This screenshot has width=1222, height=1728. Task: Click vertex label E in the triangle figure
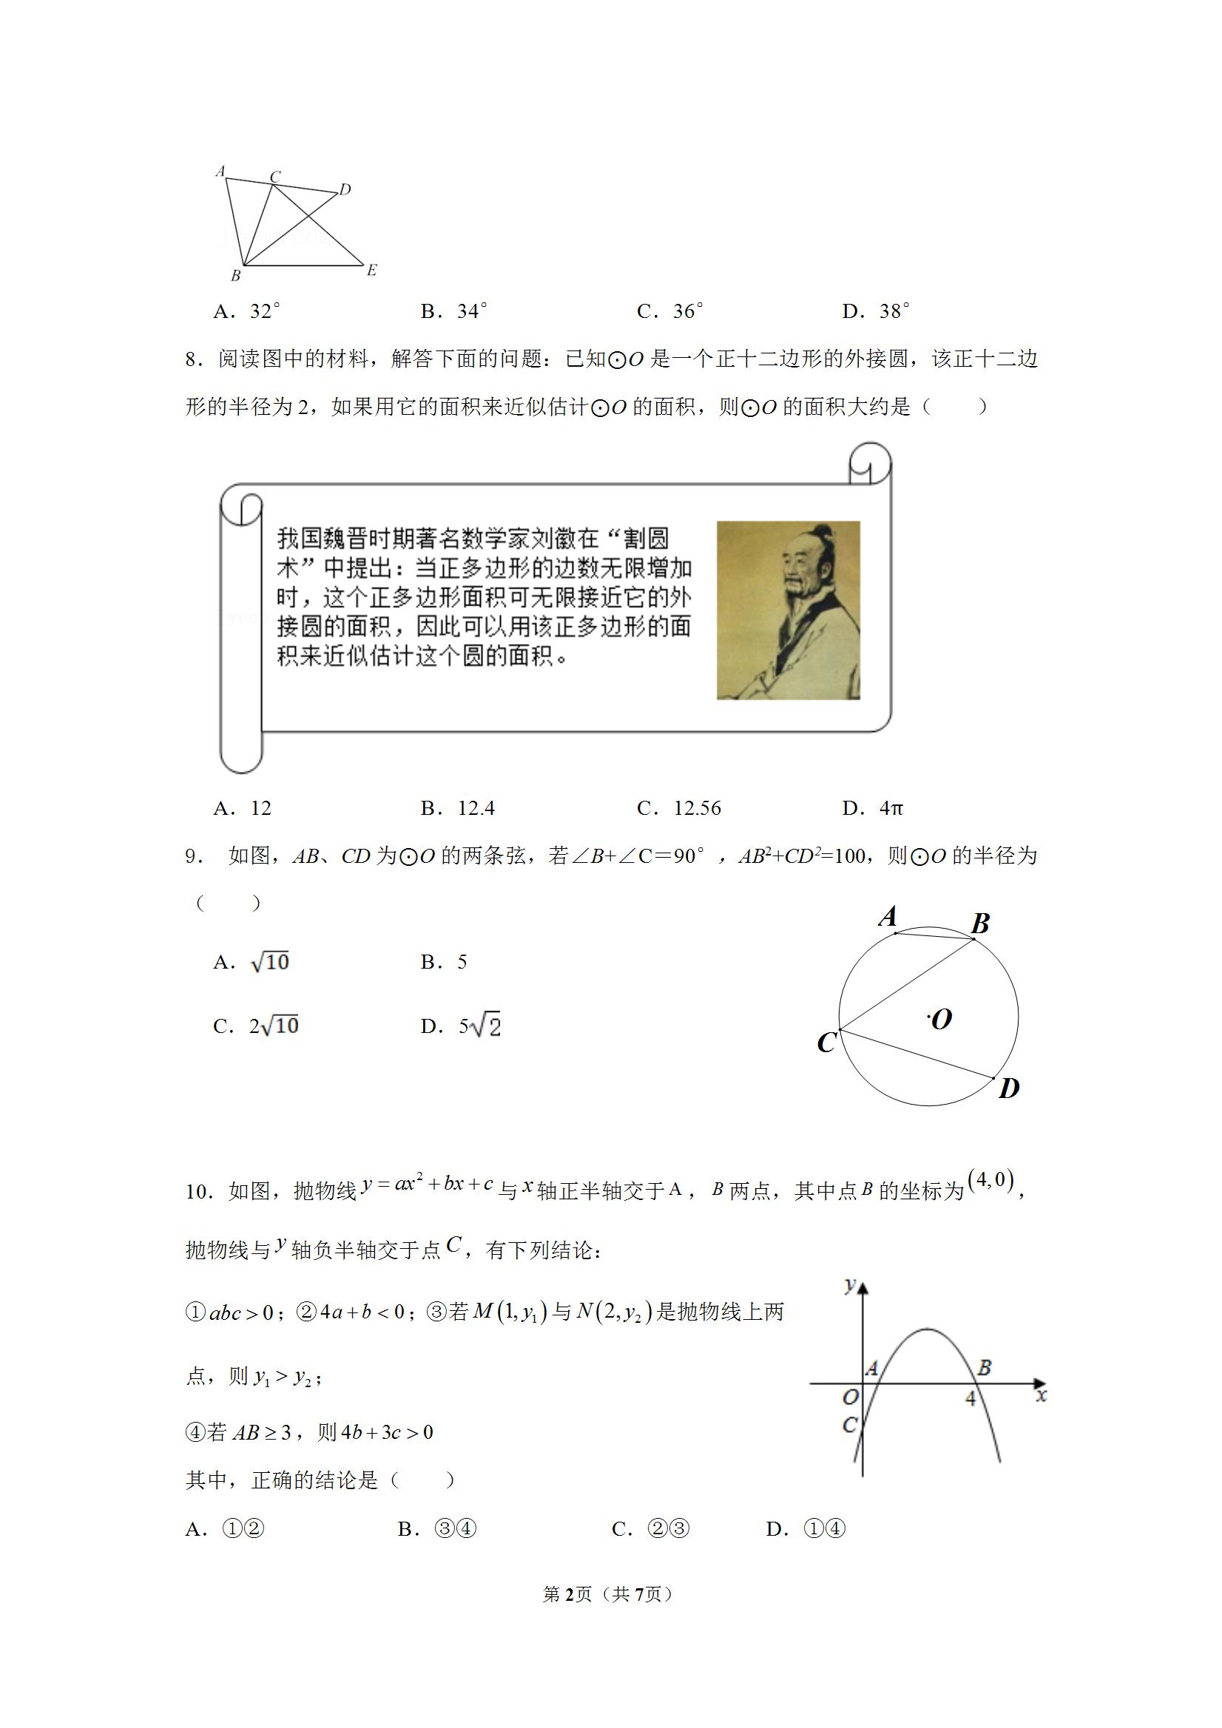pyautogui.click(x=371, y=269)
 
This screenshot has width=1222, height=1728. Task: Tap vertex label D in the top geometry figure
pyautogui.click(x=345, y=189)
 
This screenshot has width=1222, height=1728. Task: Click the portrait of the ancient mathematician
pyautogui.click(x=788, y=610)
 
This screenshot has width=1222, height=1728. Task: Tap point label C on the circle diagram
pyautogui.click(x=826, y=1043)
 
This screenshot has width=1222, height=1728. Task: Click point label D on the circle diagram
pyautogui.click(x=1008, y=1088)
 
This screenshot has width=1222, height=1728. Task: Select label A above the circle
pyautogui.click(x=888, y=917)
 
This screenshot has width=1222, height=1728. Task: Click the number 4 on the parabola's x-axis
pyautogui.click(x=970, y=1397)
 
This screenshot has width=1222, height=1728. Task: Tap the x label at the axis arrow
pyautogui.click(x=1042, y=1395)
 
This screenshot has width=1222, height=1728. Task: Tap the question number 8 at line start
pyautogui.click(x=193, y=359)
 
